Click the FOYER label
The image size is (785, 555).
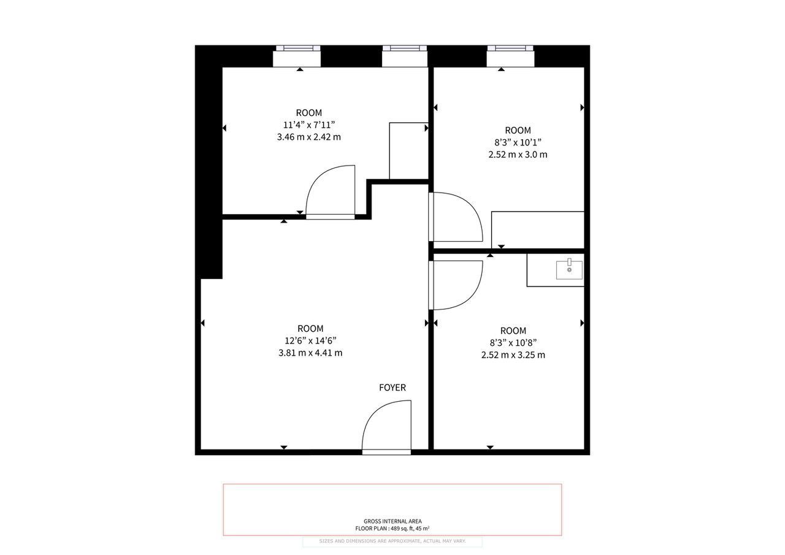click(392, 387)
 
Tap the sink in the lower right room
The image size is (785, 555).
click(569, 269)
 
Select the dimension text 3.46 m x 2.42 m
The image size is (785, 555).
click(308, 137)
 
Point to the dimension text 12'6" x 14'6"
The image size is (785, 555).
click(310, 340)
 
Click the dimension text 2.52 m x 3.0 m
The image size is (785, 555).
click(518, 154)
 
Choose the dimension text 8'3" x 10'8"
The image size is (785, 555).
click(513, 342)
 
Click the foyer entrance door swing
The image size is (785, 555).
click(386, 425)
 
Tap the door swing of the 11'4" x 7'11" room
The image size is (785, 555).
click(330, 190)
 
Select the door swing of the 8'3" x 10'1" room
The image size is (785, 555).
click(456, 217)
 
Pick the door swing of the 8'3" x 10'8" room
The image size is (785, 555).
click(456, 285)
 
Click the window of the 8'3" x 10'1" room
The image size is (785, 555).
click(510, 48)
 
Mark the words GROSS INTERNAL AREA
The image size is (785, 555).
click(392, 521)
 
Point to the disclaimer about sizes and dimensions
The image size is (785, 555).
click(392, 541)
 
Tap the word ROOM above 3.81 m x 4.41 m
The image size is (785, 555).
click(310, 329)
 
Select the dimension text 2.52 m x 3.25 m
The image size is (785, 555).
click(513, 354)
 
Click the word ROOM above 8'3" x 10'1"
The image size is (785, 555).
click(518, 131)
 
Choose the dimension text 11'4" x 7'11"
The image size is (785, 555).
click(308, 124)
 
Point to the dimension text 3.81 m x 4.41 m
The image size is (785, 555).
click(310, 353)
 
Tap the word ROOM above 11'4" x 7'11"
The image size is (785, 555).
click(308, 113)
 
